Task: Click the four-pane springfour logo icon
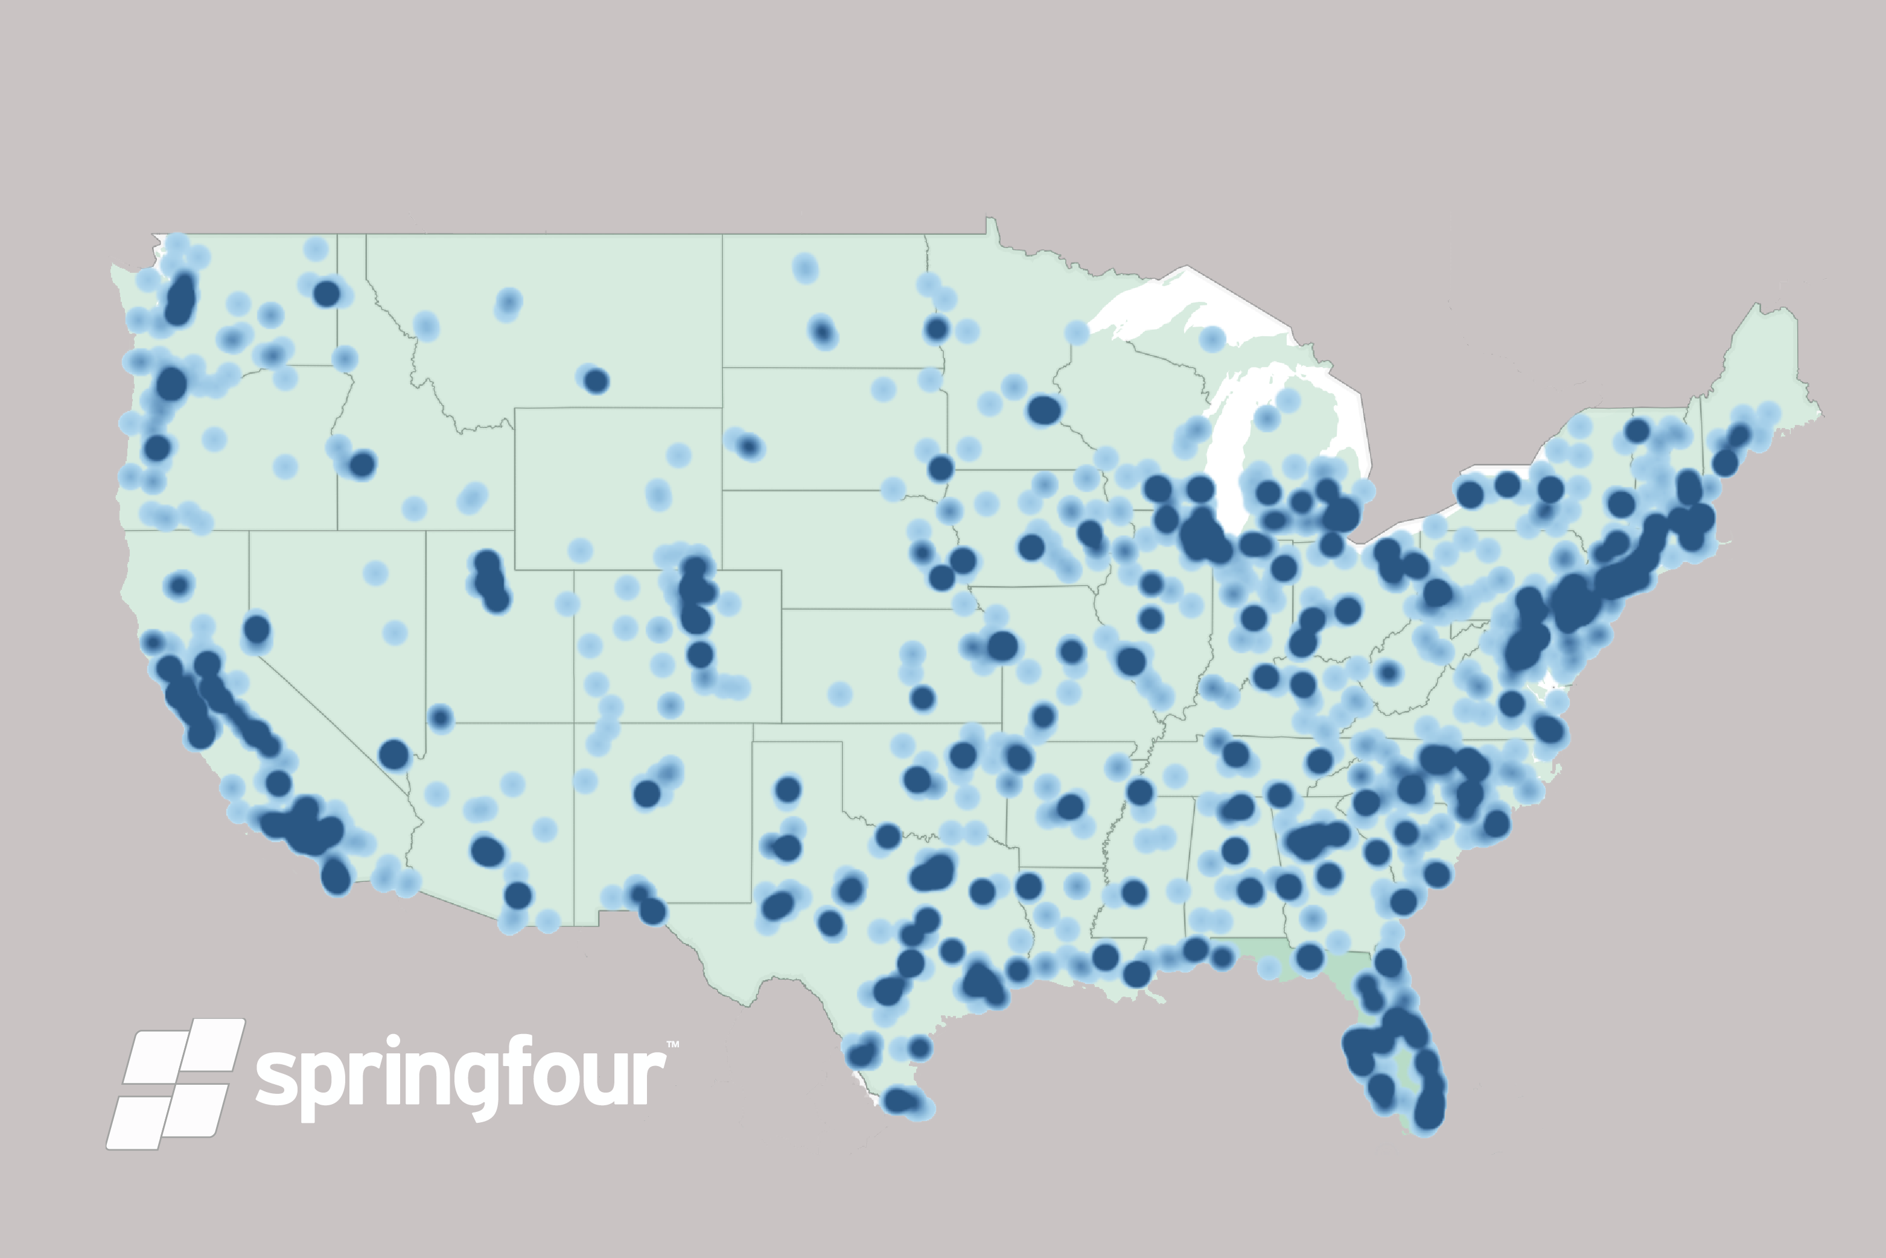tap(175, 1083)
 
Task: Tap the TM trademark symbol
tap(672, 1044)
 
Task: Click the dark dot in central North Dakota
tap(822, 331)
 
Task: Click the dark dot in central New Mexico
tap(646, 793)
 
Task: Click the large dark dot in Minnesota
tap(1043, 410)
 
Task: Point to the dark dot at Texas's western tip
tap(652, 912)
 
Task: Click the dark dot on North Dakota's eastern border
tap(936, 328)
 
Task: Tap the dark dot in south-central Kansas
tap(923, 698)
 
